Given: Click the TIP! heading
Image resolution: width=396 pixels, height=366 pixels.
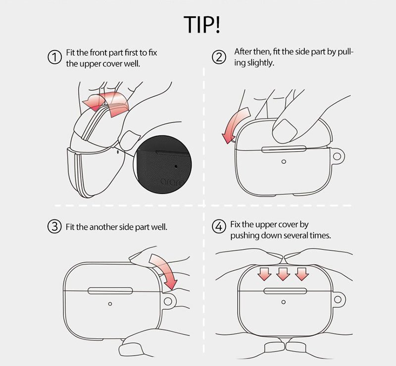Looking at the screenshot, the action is [x=201, y=25].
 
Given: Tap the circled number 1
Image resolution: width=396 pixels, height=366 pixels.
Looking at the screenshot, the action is [x=54, y=57].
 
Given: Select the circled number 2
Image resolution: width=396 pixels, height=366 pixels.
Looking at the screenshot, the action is [x=219, y=57].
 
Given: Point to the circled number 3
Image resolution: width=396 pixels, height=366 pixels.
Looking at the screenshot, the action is [x=54, y=226].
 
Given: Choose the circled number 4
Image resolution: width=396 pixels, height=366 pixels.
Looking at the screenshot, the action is [x=219, y=226].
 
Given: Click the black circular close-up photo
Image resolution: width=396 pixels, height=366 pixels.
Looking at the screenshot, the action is [x=162, y=164].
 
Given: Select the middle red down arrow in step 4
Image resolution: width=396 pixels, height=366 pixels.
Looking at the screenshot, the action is [x=283, y=274].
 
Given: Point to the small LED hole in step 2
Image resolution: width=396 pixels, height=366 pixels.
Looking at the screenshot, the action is [x=284, y=162].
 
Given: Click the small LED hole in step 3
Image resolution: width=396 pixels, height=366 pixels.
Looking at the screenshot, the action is [x=110, y=304].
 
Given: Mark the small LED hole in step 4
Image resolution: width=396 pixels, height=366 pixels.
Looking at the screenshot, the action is [x=283, y=302].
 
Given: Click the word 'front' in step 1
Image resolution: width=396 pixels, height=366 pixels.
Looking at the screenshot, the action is [x=99, y=53].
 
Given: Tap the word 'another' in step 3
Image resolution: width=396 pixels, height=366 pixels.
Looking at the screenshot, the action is [x=103, y=227].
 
